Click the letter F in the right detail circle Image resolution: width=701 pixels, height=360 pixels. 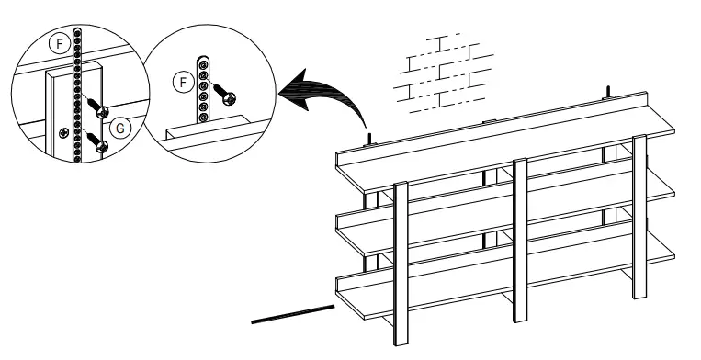point(184,83)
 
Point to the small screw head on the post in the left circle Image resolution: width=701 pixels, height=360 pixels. point(62,134)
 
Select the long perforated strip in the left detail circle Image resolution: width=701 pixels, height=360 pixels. point(81,92)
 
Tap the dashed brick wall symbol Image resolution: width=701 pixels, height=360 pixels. point(441,71)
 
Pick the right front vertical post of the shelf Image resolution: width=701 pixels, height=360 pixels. point(639,216)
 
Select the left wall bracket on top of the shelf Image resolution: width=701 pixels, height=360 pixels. point(369,140)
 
